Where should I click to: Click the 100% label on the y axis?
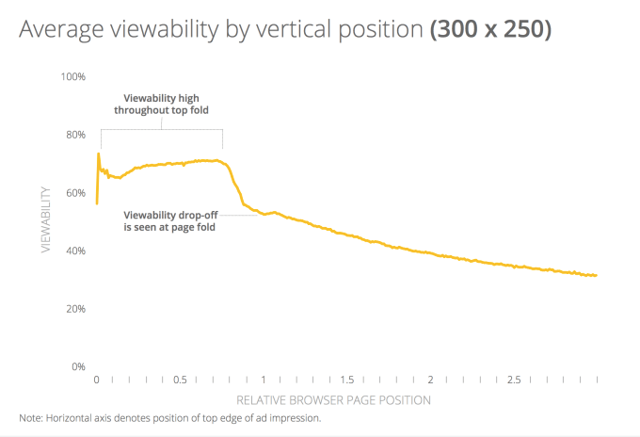[72, 75]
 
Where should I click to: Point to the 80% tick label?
[74, 134]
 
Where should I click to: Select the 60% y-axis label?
[74, 192]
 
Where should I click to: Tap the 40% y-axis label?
[74, 251]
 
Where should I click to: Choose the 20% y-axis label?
[74, 308]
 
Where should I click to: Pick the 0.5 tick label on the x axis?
[180, 380]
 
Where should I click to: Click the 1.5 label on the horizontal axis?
[346, 380]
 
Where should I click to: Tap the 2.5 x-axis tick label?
[513, 380]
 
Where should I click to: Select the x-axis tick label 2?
[430, 380]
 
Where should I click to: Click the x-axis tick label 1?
[264, 380]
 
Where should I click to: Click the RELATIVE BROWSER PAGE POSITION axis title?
[333, 400]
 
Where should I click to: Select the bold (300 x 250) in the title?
[490, 29]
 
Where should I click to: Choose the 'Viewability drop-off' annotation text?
[168, 219]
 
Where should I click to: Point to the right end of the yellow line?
[597, 275]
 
